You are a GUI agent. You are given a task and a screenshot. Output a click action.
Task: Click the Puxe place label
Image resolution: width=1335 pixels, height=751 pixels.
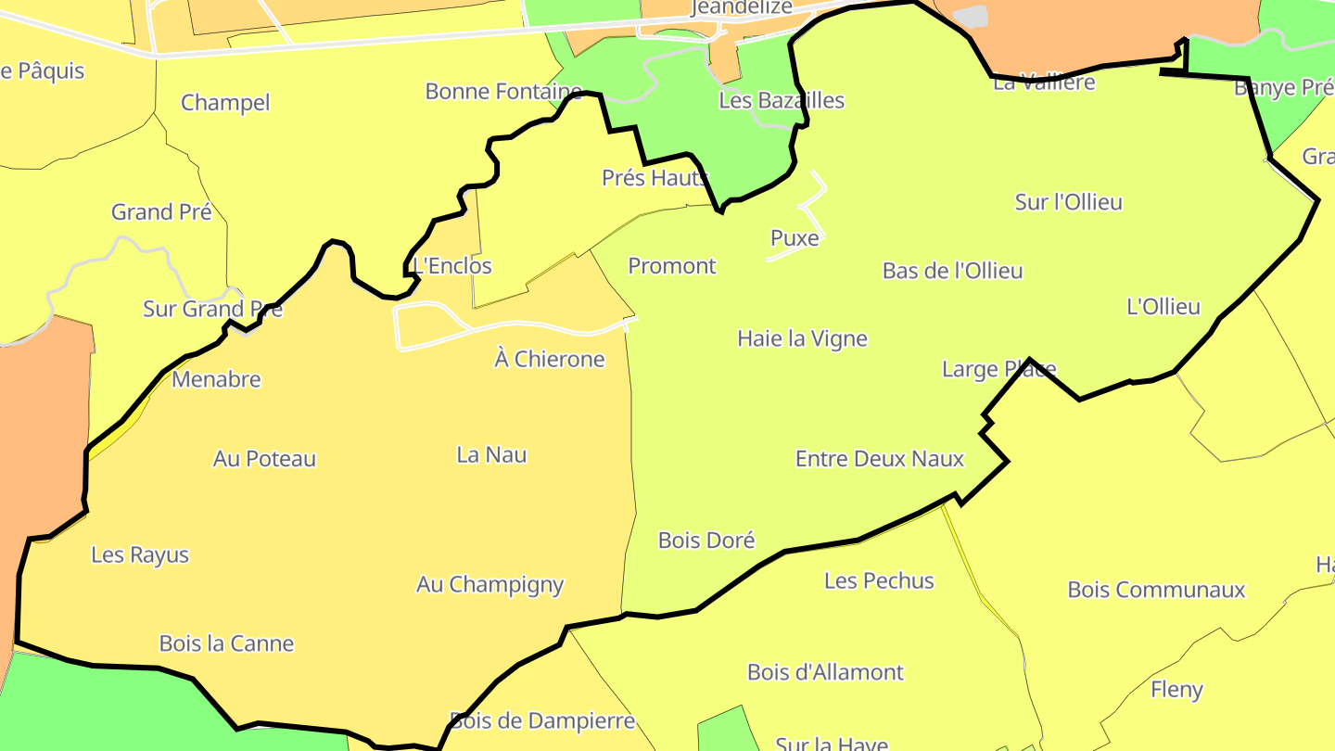coord(795,238)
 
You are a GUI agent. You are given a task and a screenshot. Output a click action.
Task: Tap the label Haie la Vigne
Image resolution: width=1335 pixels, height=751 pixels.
coord(802,338)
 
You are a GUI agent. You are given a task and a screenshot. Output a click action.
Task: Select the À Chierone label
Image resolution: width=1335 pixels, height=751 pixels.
coord(550,359)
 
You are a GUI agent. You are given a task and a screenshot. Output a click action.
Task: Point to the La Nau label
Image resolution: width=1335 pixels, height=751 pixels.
coord(491,454)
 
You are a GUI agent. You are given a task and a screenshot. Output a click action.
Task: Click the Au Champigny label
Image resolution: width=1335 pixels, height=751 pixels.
coord(489,585)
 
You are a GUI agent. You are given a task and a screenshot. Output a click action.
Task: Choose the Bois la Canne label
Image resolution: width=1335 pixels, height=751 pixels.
coord(226,643)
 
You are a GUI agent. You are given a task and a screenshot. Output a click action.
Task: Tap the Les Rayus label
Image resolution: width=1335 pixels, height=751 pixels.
coord(140,555)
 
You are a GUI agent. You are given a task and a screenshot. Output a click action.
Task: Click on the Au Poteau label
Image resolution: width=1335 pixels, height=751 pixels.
coord(264,459)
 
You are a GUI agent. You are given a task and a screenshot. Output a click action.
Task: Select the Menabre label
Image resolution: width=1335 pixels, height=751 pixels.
coord(216,379)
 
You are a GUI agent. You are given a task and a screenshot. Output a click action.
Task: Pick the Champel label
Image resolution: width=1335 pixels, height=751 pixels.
coord(225,103)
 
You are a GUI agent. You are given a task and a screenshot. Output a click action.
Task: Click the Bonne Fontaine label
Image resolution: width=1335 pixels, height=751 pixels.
coord(503,92)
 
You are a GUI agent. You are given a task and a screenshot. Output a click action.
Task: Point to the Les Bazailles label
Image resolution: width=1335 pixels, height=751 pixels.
coord(782,100)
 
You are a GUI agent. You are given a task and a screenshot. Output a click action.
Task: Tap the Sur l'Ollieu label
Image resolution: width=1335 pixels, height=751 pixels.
coord(1068,202)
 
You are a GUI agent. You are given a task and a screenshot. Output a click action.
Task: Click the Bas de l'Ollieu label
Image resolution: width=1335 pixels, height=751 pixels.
coord(952,271)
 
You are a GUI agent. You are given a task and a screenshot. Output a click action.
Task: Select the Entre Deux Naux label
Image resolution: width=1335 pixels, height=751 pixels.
coord(880,459)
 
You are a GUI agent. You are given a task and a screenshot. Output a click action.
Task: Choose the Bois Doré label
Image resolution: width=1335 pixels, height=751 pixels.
coord(706,541)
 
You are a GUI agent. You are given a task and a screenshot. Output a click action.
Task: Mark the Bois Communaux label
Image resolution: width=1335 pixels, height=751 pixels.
coord(1156,590)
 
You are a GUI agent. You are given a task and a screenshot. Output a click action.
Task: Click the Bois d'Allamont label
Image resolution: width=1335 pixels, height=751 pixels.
coord(825,672)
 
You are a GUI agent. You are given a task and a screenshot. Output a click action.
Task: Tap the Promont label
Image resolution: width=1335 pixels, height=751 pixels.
coord(672,266)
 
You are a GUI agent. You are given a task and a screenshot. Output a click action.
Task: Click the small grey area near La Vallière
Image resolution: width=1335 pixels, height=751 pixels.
coord(971,17)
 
